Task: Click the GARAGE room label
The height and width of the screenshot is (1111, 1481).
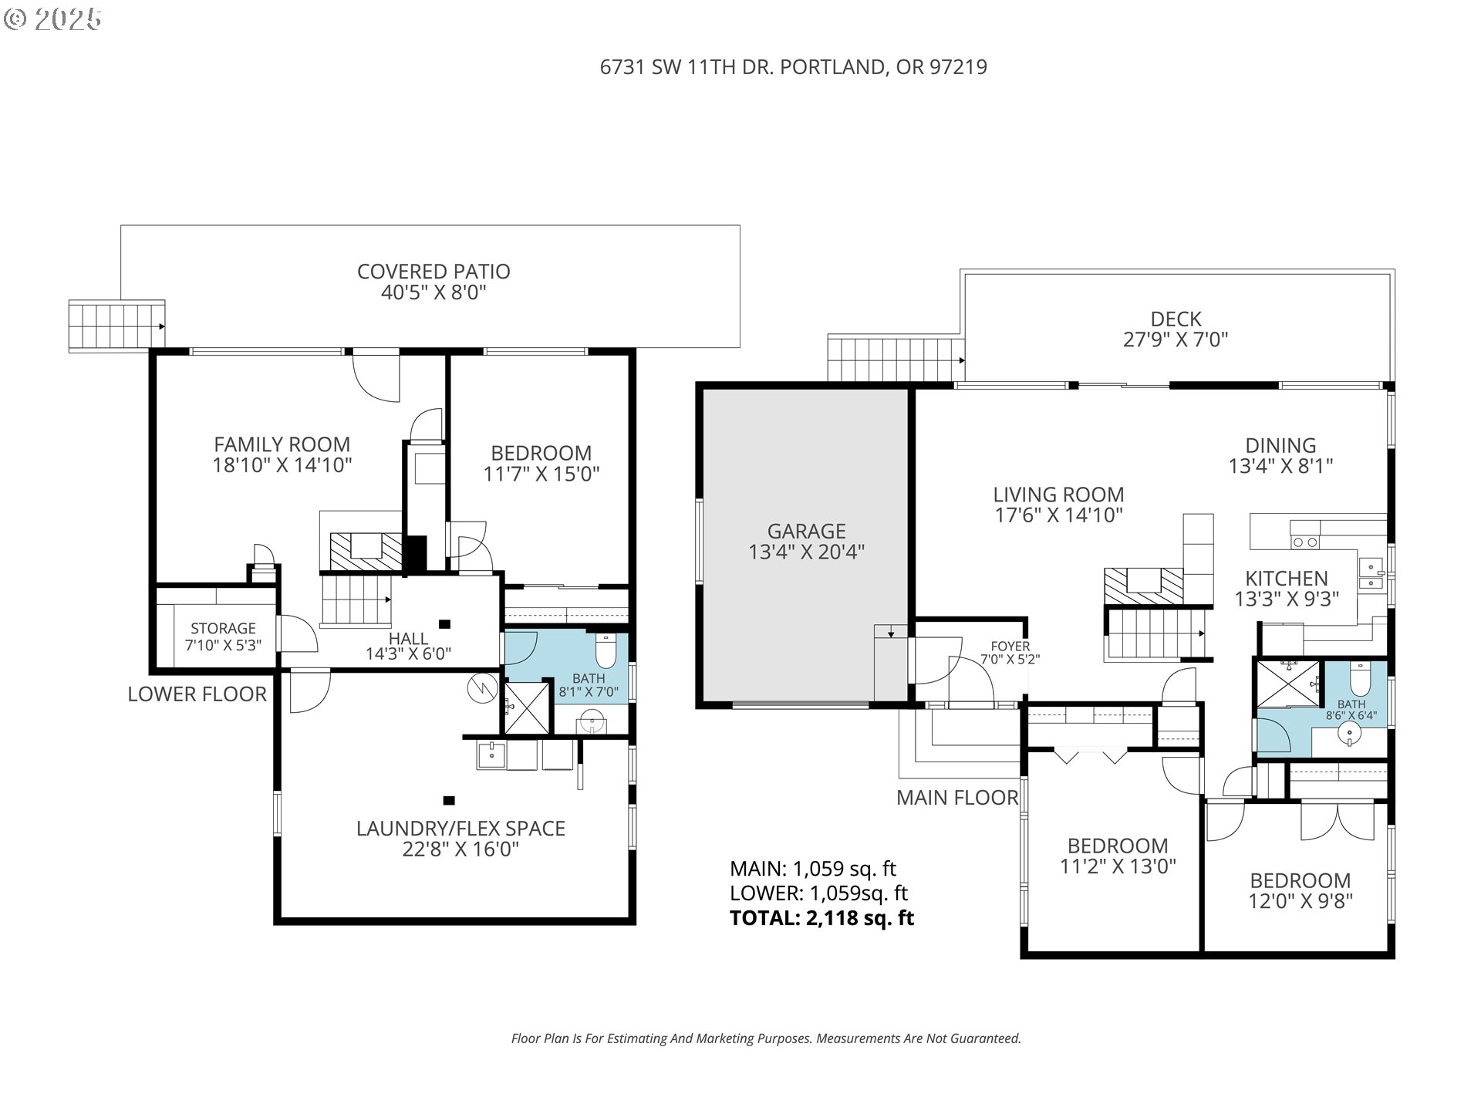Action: point(806,531)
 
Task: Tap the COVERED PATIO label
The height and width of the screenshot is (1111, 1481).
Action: point(434,272)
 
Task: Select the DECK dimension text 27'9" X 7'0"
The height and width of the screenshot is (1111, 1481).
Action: point(1176,339)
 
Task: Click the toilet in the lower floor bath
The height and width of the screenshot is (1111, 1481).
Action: point(606,651)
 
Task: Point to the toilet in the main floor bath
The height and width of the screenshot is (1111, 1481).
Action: point(1359,678)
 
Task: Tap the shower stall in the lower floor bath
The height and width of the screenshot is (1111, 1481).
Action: point(528,705)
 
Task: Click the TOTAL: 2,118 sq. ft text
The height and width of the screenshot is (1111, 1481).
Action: point(821,918)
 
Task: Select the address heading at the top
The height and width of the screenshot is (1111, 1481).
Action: point(793,67)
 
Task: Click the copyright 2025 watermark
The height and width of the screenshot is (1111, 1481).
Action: point(53,19)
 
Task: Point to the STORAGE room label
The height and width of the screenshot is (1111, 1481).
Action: point(223,628)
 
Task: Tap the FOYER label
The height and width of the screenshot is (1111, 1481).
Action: point(1010,647)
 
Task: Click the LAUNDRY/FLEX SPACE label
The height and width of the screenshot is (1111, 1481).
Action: point(460,829)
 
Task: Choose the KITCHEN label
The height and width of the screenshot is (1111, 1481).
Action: point(1286,579)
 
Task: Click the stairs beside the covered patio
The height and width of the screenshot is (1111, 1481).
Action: point(116,326)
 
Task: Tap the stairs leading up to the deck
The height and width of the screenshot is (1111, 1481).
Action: point(896,359)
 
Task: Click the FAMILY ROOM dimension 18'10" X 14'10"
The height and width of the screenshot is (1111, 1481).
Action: point(282,465)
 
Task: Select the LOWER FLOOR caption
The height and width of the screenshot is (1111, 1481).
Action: point(197,694)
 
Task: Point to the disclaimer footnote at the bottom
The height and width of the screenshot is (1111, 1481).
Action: point(766,1038)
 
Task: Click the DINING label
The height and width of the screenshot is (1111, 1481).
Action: point(1280,445)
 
